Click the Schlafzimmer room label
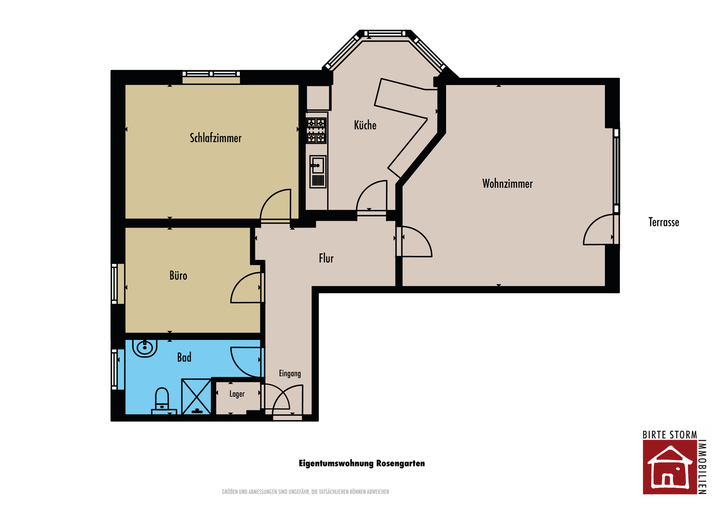tap(216, 138)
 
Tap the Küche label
tap(365, 125)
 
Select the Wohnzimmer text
tap(507, 184)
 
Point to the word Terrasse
tap(664, 222)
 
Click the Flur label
tap(326, 258)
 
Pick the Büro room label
tap(178, 276)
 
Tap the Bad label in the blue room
tap(184, 357)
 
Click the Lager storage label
tap(237, 394)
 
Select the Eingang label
tap(290, 374)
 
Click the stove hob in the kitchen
tap(316, 130)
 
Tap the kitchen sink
tap(318, 172)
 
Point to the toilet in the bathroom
tap(162, 401)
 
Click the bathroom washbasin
tap(145, 348)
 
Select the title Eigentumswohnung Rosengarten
tap(361, 464)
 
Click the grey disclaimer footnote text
tap(306, 492)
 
